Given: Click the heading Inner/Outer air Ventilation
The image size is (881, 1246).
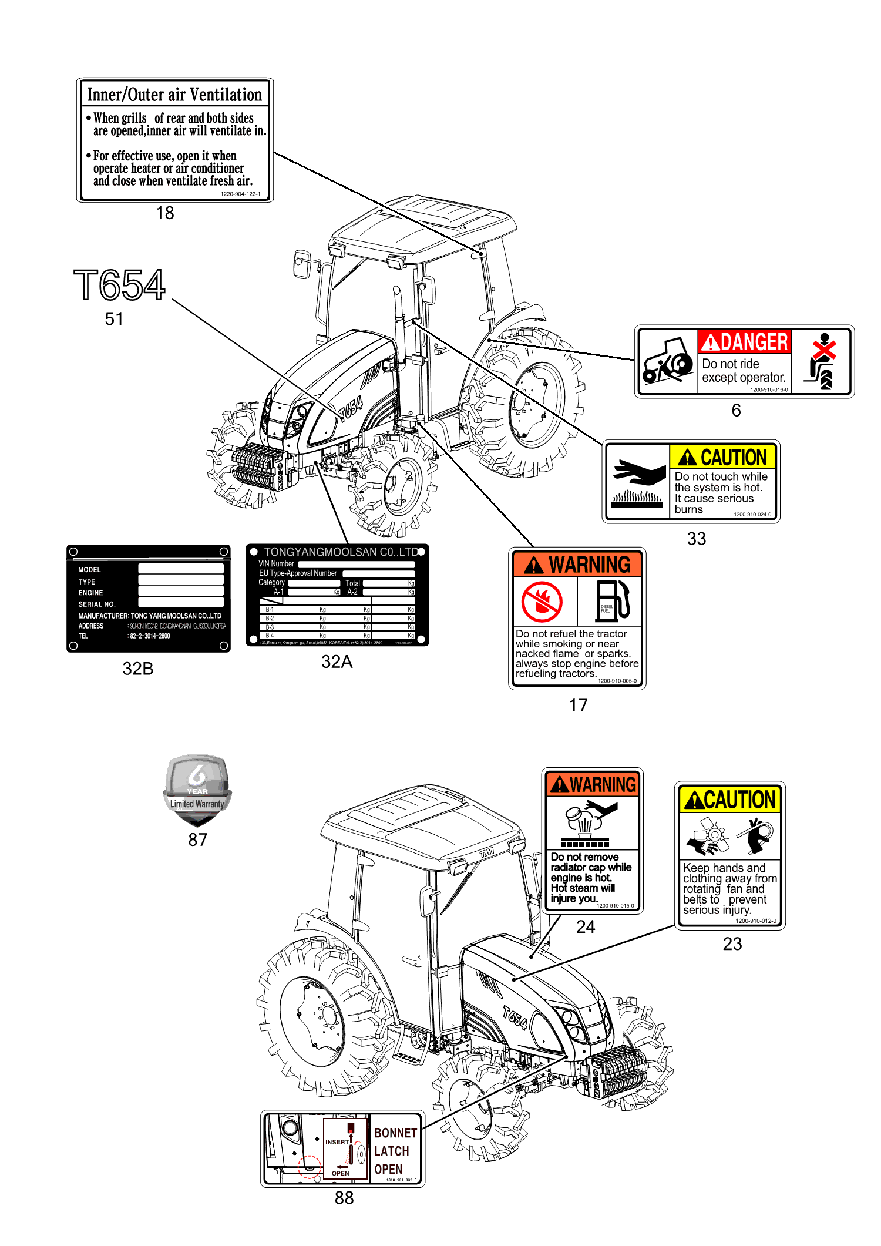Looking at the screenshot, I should [x=174, y=95].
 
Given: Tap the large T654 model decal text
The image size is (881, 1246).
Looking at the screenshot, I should [x=120, y=286].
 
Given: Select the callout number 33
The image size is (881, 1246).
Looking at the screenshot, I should [x=697, y=539].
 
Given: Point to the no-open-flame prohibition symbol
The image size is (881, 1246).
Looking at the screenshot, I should [x=542, y=602].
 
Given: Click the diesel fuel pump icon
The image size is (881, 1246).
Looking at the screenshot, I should [x=613, y=600].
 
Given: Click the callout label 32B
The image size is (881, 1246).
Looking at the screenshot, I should [x=138, y=669].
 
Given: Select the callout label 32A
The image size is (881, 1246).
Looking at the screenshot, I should [x=337, y=662].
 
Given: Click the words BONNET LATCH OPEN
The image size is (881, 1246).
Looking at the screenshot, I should [x=395, y=1150].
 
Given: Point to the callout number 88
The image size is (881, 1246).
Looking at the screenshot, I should [x=344, y=1198].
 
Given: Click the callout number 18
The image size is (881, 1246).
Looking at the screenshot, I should [x=165, y=213].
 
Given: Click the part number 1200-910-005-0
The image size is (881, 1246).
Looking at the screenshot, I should [x=617, y=681].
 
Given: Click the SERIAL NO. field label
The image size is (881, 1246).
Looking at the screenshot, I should [x=97, y=604].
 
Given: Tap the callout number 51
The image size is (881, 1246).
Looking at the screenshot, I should [x=114, y=319].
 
